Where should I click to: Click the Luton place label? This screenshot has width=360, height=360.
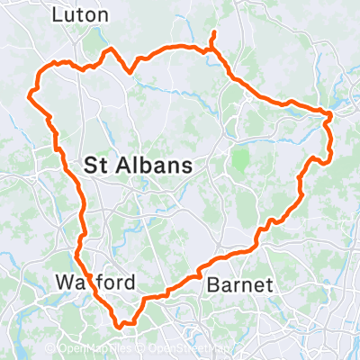(80, 15)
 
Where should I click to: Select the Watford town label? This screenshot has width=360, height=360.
(94, 283)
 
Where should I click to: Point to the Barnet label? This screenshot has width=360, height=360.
(238, 285)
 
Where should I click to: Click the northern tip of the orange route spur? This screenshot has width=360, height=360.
(213, 33)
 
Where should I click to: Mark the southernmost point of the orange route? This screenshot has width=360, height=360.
(121, 326)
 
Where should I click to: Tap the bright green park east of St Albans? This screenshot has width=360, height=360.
(240, 160)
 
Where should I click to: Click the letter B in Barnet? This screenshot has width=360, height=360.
(213, 285)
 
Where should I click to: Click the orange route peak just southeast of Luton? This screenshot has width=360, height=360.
(111, 49)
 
